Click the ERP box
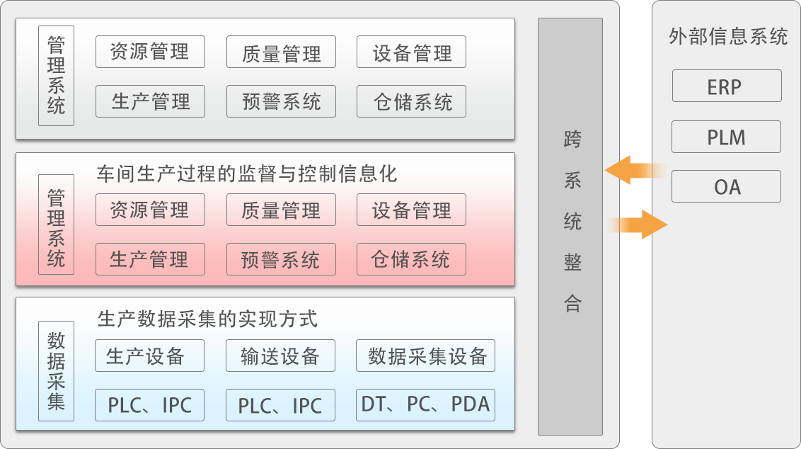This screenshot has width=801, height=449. point(726,86)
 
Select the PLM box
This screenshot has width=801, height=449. point(726,137)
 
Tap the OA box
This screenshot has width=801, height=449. point(726,186)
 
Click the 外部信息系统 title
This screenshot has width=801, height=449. point(727,36)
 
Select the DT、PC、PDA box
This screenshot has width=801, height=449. point(425,404)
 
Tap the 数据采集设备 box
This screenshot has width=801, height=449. point(425,356)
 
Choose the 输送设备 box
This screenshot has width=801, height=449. point(280,356)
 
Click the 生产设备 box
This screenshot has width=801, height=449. point(149,356)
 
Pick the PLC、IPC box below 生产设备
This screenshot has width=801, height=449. point(149,405)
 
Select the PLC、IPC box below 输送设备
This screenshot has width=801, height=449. point(280,405)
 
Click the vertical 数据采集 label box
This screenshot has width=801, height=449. point(56,371)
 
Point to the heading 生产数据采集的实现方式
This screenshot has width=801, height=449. point(207,319)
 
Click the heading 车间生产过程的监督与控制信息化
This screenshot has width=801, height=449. point(247,174)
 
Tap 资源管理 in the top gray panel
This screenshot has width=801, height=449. point(150,52)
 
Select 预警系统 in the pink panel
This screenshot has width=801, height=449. point(280,259)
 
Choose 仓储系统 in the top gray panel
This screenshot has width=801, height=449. point(412,101)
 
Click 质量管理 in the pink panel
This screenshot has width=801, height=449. point(280,210)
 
